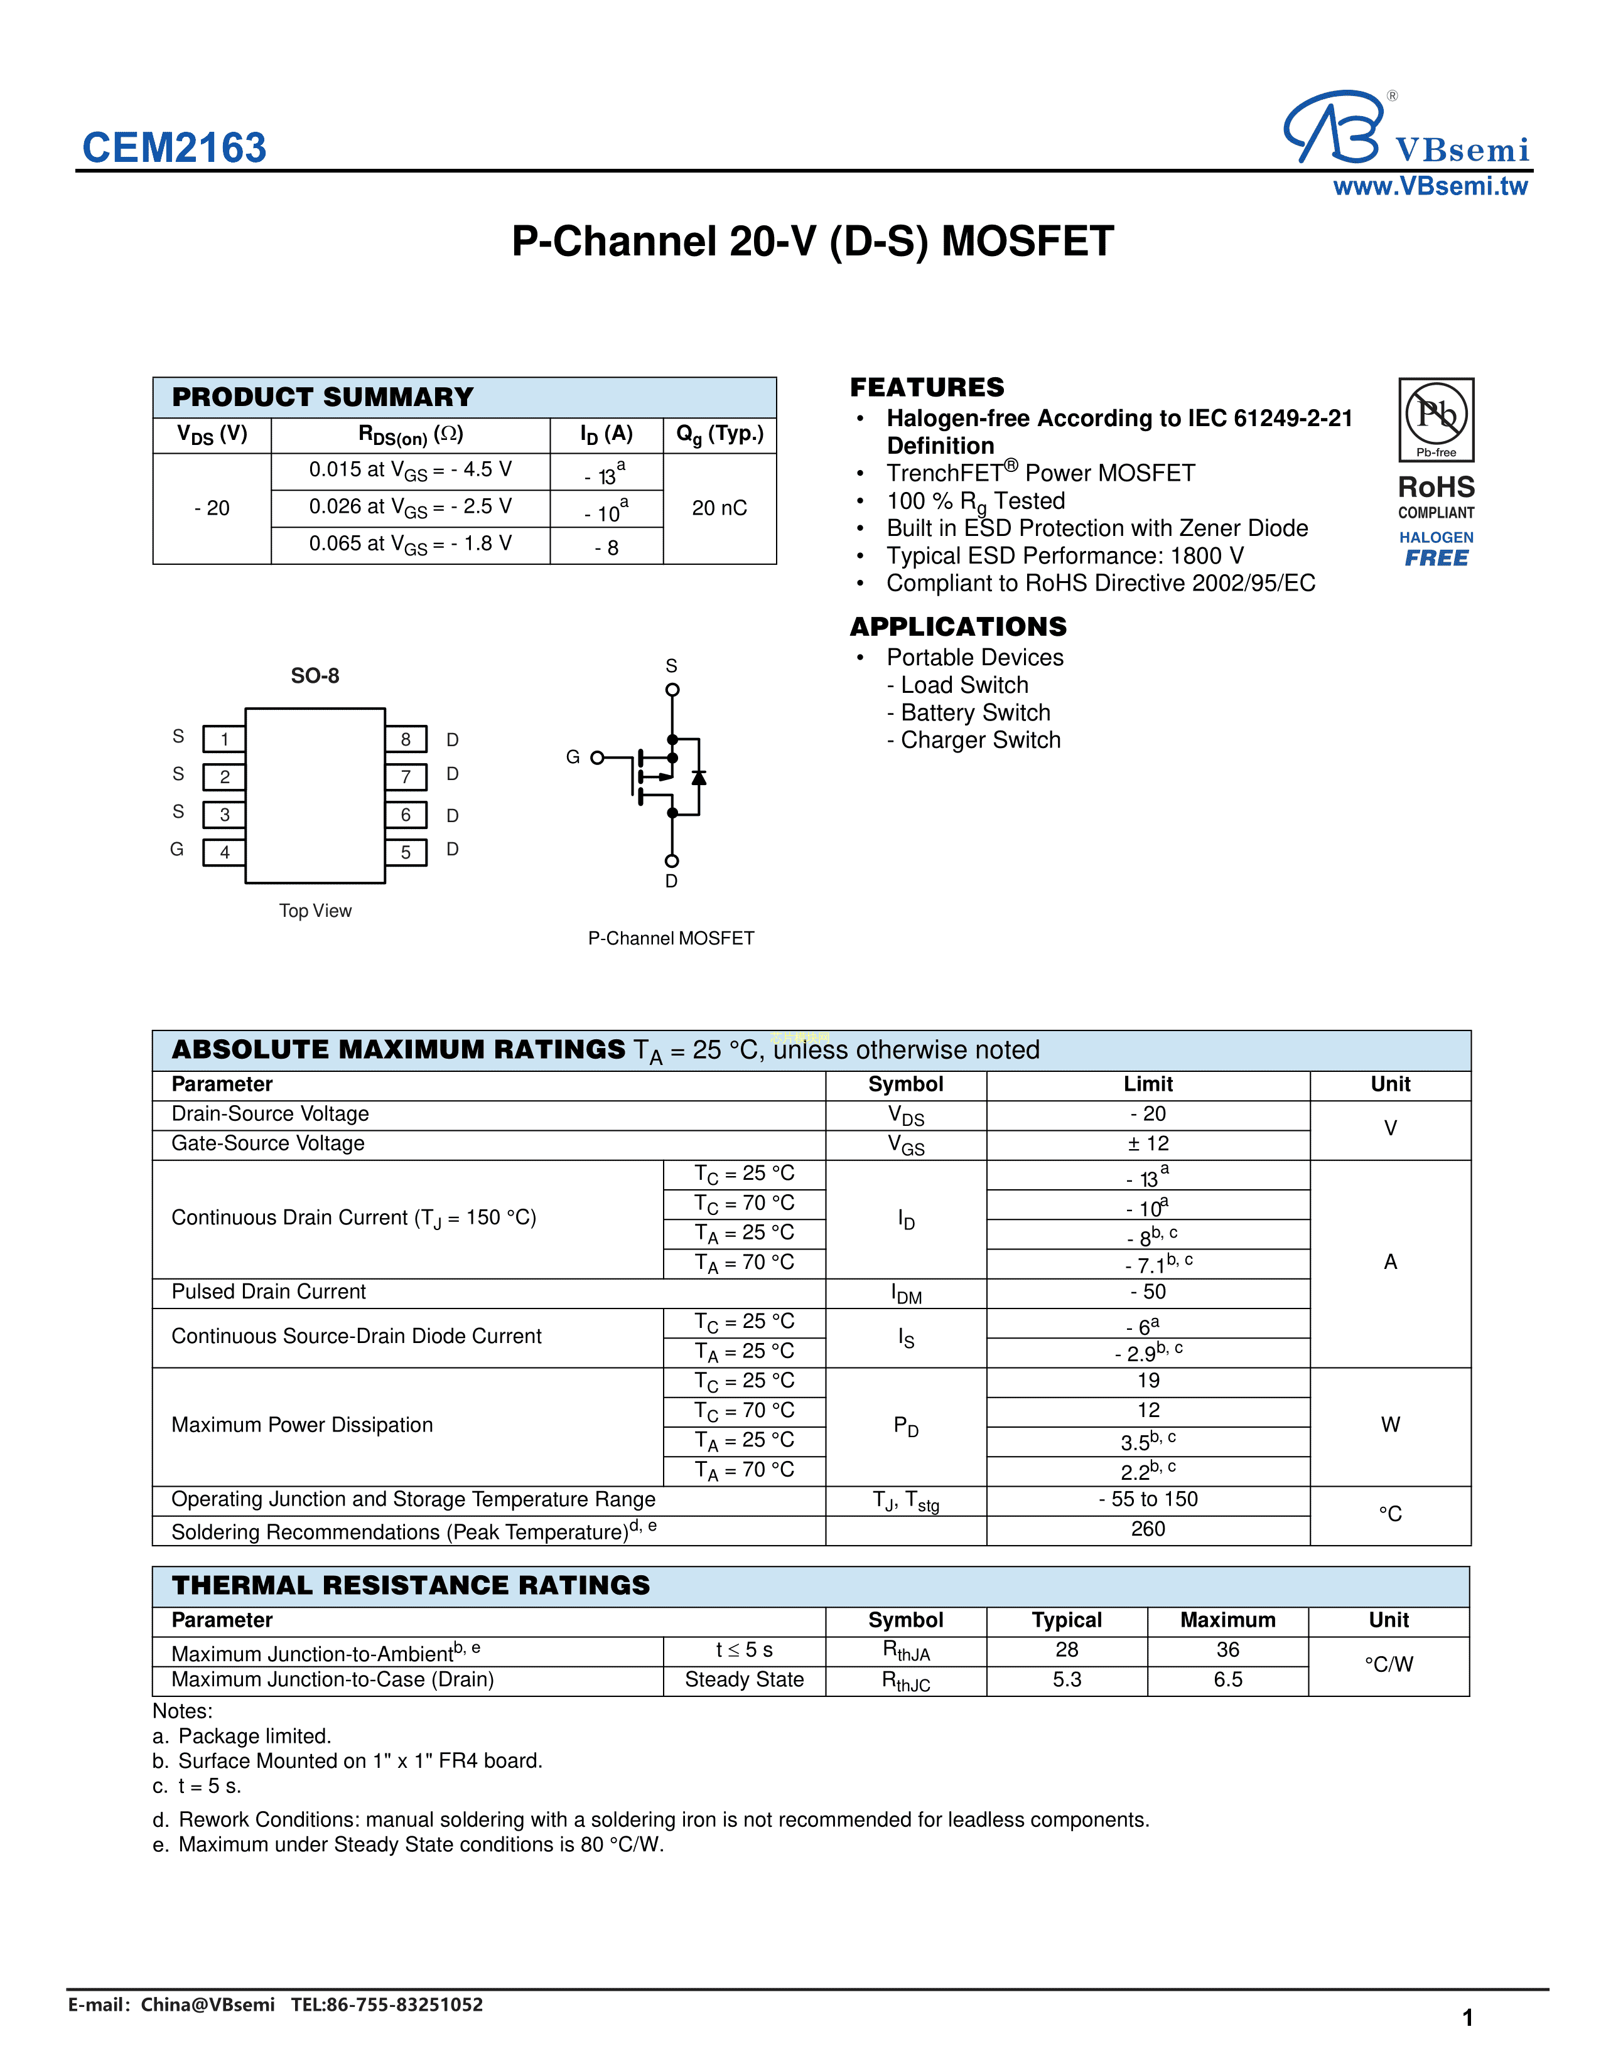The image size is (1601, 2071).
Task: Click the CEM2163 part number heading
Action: pos(175,148)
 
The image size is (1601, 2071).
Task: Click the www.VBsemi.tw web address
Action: pos(1430,187)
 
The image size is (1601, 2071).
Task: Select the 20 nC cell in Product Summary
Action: pos(719,508)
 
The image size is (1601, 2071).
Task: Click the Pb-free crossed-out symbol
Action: pos(1436,414)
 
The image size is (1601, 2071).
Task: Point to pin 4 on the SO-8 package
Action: pos(225,852)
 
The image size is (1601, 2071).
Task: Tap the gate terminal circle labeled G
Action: pos(596,757)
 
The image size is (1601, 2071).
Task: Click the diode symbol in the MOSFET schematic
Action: pos(699,778)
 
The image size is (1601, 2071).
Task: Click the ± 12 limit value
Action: pos(1148,1143)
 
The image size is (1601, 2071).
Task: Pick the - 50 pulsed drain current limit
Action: pos(1148,1292)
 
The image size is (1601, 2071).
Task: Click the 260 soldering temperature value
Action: pos(1148,1529)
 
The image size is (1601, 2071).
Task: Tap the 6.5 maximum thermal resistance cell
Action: pos(1227,1679)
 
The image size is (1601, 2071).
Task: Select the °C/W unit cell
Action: pos(1389,1664)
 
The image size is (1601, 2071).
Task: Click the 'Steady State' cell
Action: pos(745,1679)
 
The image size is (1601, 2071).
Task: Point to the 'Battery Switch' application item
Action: pos(975,712)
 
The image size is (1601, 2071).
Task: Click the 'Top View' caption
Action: pos(315,911)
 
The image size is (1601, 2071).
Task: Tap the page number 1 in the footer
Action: pos(1467,2017)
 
